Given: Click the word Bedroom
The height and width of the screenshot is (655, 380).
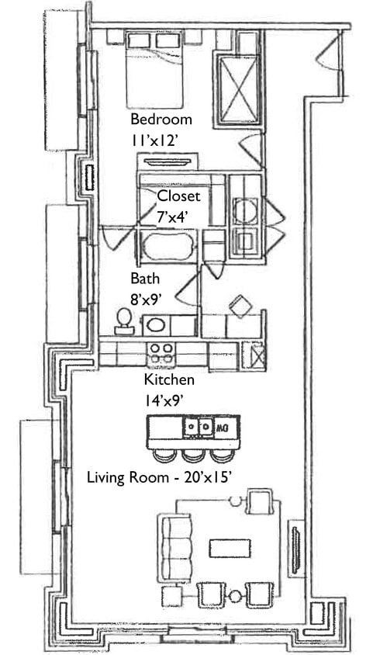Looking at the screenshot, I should [161, 120].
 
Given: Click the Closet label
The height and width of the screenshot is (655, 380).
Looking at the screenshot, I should [178, 196].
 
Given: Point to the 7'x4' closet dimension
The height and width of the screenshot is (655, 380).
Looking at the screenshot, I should [174, 216].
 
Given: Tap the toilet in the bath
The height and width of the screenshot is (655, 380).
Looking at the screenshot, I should [123, 320].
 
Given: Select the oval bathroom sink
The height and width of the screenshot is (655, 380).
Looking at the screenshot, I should [157, 325].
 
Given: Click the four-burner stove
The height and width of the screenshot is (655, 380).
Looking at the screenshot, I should [161, 353].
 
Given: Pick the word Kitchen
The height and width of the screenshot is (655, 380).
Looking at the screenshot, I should [169, 380].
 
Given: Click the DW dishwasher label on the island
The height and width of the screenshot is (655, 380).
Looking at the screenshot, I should [223, 427].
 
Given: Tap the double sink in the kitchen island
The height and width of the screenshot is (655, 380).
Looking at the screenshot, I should [197, 427].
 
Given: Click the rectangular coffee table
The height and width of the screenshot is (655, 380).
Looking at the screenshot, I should [230, 548].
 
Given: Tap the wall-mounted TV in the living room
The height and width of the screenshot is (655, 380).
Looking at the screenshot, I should [295, 548].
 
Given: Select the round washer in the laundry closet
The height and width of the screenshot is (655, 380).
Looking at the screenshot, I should [245, 210].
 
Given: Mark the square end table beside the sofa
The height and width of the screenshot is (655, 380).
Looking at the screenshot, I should [171, 596].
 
